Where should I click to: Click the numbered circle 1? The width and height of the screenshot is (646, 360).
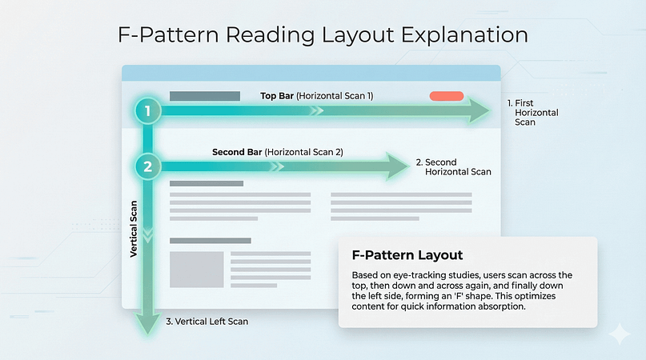[146, 110]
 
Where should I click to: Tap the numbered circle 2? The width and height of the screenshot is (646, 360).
[146, 167]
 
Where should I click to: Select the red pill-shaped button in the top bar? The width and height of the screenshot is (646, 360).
[446, 96]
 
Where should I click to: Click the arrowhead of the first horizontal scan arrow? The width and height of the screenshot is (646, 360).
[480, 110]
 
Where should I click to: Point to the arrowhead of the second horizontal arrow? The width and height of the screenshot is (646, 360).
[398, 167]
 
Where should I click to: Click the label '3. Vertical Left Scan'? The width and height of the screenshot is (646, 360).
[207, 322]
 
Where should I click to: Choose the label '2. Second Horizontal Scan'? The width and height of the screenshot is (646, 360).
[453, 167]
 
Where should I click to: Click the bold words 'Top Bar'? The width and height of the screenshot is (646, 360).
[277, 96]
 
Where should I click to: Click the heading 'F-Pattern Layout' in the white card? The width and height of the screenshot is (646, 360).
[407, 255]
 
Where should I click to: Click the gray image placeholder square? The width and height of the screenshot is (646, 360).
[196, 270]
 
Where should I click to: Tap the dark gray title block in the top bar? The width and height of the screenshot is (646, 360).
[205, 96]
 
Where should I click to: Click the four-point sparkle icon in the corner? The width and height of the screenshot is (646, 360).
[618, 334]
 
